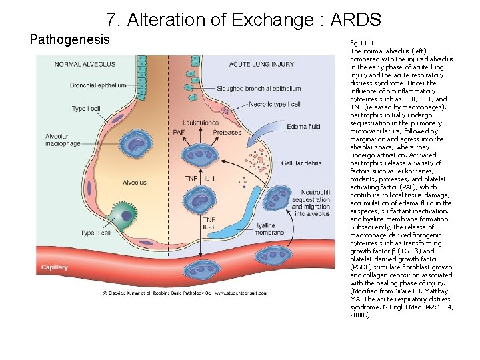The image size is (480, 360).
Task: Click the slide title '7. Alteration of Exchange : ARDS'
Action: [243, 19]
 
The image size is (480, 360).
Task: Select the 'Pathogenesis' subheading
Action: [70, 39]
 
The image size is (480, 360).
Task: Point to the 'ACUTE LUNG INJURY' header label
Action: [261, 64]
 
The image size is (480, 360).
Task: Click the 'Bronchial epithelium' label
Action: [98, 85]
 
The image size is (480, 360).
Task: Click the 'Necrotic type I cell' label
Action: [275, 104]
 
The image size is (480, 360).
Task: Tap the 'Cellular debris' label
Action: [301, 163]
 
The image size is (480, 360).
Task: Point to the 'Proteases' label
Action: [227, 133]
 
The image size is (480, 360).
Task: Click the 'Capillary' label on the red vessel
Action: [54, 267]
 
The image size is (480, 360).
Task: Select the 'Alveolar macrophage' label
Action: [63, 139]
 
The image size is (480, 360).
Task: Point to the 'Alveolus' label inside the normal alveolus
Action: [134, 183]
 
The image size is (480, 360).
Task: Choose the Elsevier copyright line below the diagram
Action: [185, 292]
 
